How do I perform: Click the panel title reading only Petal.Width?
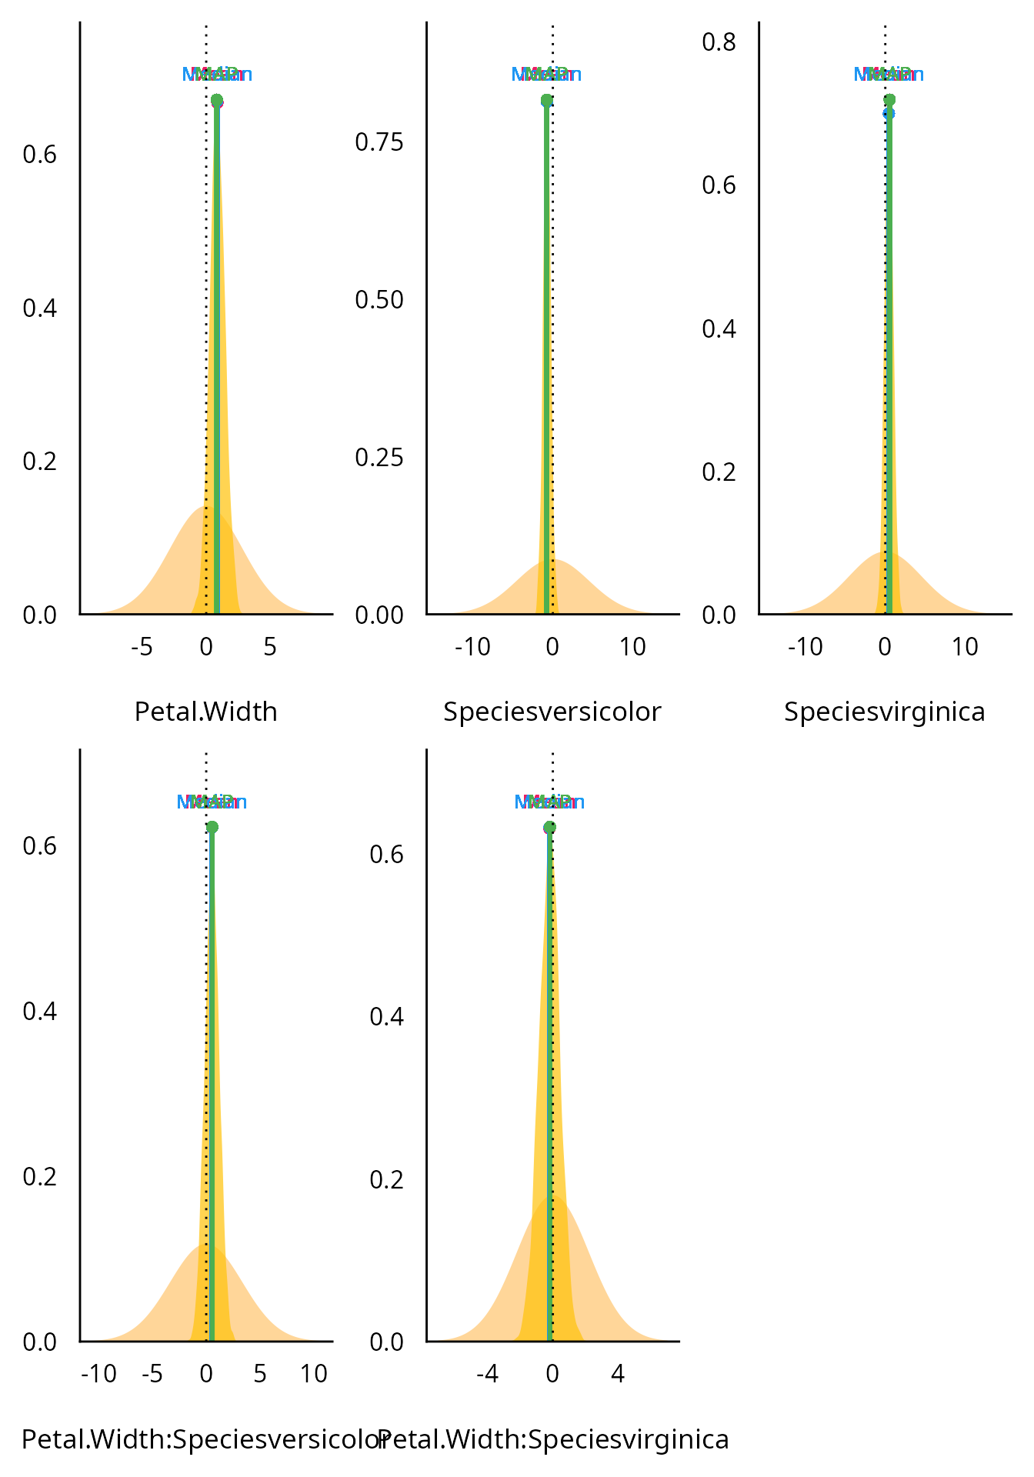click(x=205, y=712)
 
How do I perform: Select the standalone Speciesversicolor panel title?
click(x=552, y=712)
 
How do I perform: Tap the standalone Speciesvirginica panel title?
click(x=884, y=712)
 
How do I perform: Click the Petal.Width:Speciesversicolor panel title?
click(x=202, y=1439)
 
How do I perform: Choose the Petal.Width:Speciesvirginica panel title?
click(x=554, y=1439)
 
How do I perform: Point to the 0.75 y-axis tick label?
click(x=379, y=142)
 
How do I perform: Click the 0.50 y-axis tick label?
click(x=379, y=300)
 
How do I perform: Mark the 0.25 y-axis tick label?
click(x=379, y=457)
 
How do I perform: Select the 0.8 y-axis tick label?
click(x=719, y=42)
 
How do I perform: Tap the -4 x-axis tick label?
click(x=487, y=1374)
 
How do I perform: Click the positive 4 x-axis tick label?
click(x=618, y=1374)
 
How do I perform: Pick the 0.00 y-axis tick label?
click(x=379, y=615)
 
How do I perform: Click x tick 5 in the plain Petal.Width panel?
click(x=269, y=647)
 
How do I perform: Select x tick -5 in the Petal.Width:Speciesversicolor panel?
click(x=152, y=1374)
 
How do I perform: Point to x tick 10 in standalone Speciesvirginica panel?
click(x=965, y=647)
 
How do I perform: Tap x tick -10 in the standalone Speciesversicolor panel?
click(x=472, y=647)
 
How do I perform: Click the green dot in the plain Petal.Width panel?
click(x=217, y=100)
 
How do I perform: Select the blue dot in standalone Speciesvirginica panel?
click(x=889, y=113)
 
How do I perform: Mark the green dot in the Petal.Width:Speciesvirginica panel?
click(x=549, y=827)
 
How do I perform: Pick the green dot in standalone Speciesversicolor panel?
click(x=546, y=100)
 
